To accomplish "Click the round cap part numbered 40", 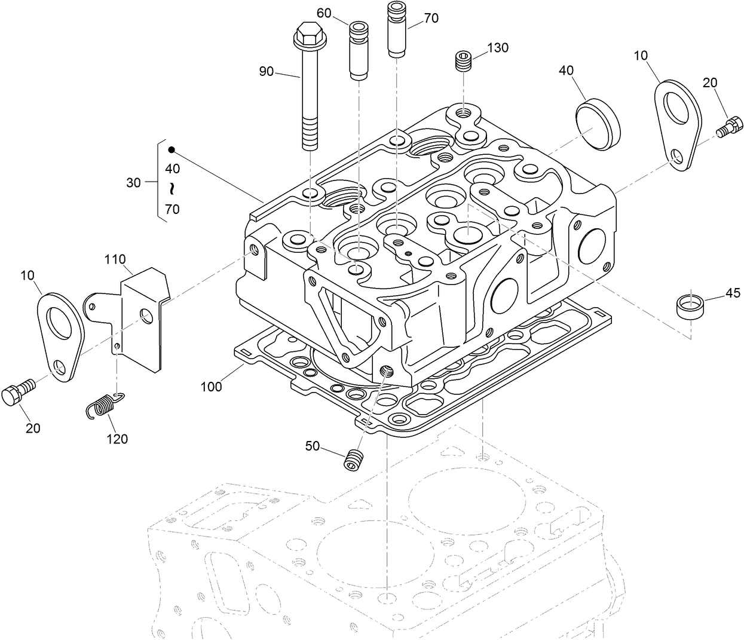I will pyautogui.click(x=598, y=124).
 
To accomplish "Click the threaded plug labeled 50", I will pyautogui.click(x=354, y=459).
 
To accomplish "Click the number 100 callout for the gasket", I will pyautogui.click(x=211, y=387).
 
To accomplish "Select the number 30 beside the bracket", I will pyautogui.click(x=133, y=183).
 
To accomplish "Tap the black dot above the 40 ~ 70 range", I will pyautogui.click(x=171, y=149).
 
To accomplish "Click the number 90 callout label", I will pyautogui.click(x=266, y=72).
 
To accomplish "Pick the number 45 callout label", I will pyautogui.click(x=733, y=293).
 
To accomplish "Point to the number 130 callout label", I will pyautogui.click(x=497, y=48).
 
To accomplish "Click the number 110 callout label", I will pyautogui.click(x=115, y=259).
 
